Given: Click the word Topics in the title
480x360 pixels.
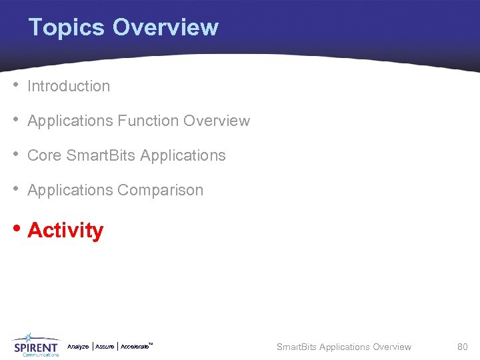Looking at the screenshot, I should (67, 27).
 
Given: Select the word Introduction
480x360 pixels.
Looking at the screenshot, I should (69, 86).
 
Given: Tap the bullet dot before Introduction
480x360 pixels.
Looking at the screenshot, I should (15, 85).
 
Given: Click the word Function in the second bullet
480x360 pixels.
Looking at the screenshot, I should (147, 121).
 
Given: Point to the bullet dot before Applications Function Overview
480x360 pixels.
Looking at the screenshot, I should (15, 120).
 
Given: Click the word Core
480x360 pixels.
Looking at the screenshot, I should (44, 155).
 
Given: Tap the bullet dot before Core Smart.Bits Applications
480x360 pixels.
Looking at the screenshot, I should (15, 155).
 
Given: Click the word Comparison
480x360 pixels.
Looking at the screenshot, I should (161, 190).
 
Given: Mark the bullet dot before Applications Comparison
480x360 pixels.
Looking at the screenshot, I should (15, 189).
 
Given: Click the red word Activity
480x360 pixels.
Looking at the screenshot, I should (65, 231).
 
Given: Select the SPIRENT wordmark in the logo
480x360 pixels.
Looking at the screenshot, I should (36, 347).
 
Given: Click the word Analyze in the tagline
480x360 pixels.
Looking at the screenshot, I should (78, 347).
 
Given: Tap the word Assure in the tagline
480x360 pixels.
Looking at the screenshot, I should (105, 347).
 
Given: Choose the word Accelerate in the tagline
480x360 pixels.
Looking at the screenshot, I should (135, 347).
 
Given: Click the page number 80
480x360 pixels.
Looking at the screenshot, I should (462, 347).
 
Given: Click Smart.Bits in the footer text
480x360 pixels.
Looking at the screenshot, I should (297, 347).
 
